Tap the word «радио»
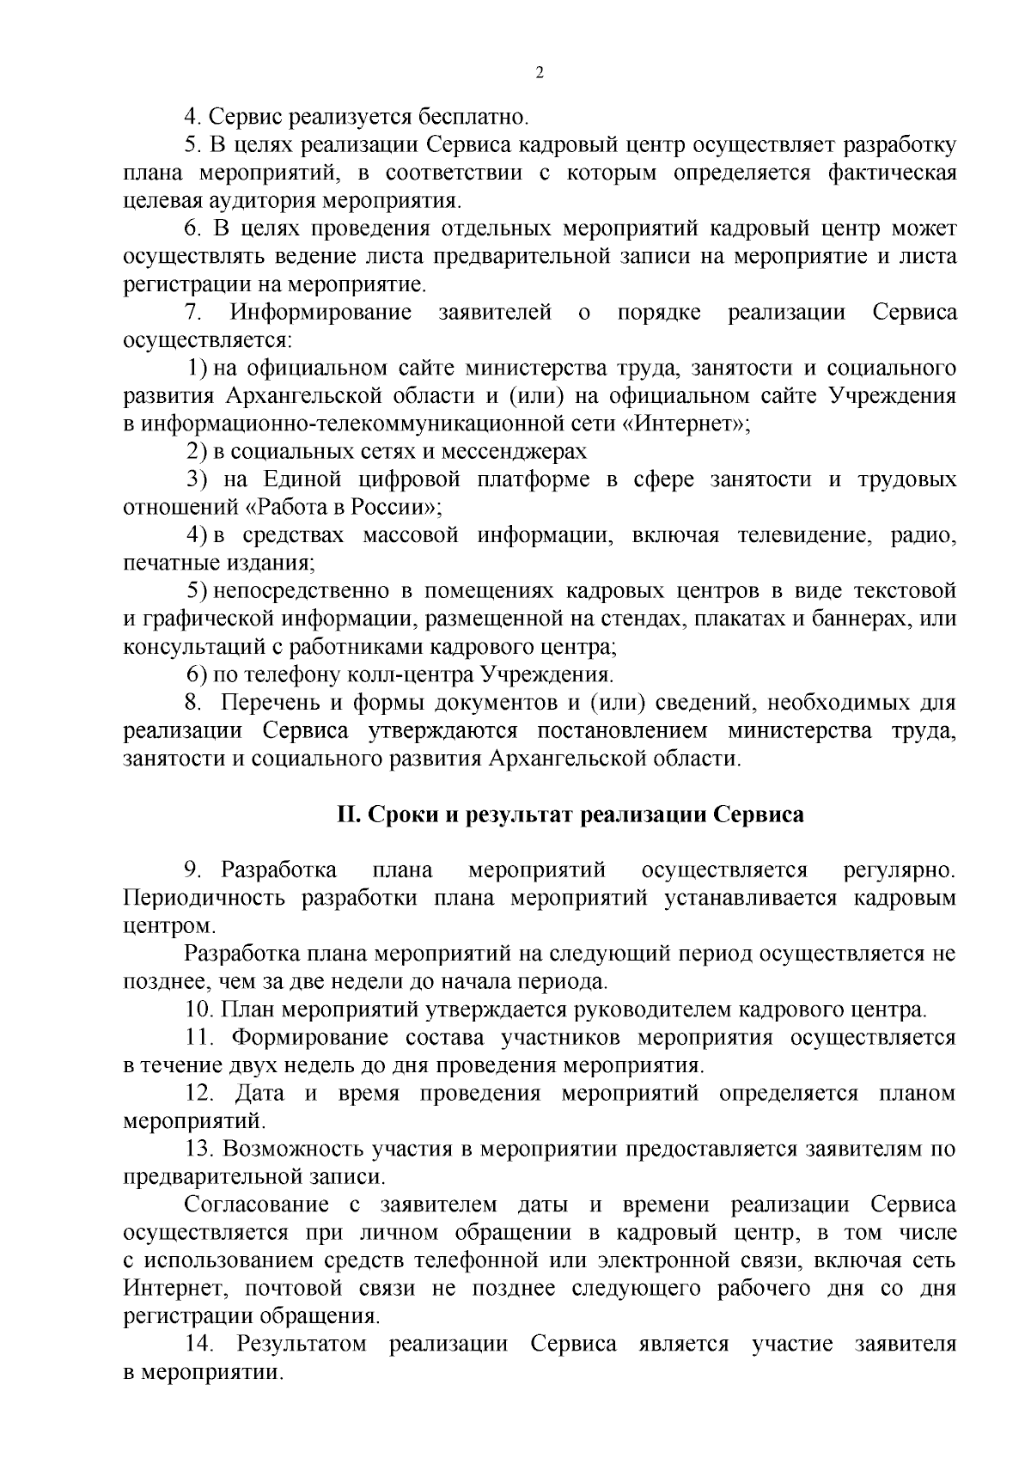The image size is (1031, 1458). pos(924,536)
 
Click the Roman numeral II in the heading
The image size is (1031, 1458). pos(346,814)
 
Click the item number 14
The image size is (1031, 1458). pos(199,1345)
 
